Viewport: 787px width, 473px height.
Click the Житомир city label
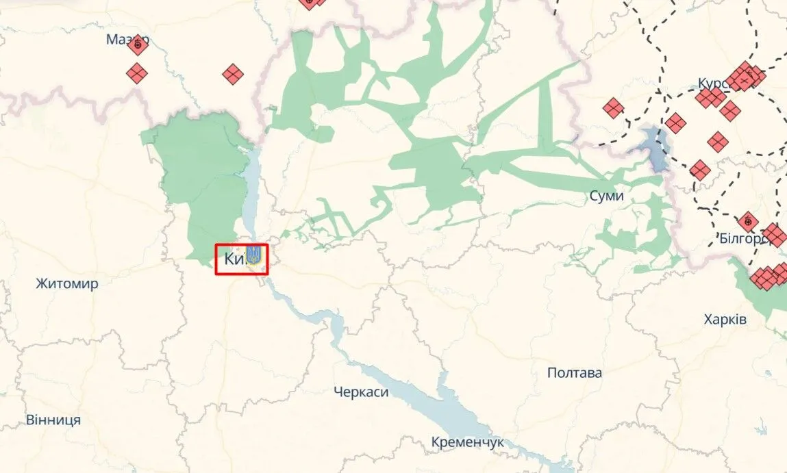coord(67,283)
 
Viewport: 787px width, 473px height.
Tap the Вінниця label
coord(53,420)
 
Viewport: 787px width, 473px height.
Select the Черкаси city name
coord(361,392)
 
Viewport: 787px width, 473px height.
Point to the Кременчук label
coord(467,442)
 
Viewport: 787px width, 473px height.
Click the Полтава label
coord(575,373)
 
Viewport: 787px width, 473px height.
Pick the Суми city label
coord(606,196)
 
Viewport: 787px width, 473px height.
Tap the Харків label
coord(725,320)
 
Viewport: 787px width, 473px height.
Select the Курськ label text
coord(711,83)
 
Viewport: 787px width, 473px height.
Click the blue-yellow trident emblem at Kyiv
coord(253,255)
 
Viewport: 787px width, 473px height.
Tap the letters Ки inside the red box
coord(233,259)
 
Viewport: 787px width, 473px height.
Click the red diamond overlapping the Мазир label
coord(138,45)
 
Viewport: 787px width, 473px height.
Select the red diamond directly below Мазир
coord(138,73)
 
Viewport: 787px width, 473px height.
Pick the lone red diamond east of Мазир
coord(233,74)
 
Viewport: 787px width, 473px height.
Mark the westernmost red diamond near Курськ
coord(613,108)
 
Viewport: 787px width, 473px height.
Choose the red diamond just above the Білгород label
coord(747,222)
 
